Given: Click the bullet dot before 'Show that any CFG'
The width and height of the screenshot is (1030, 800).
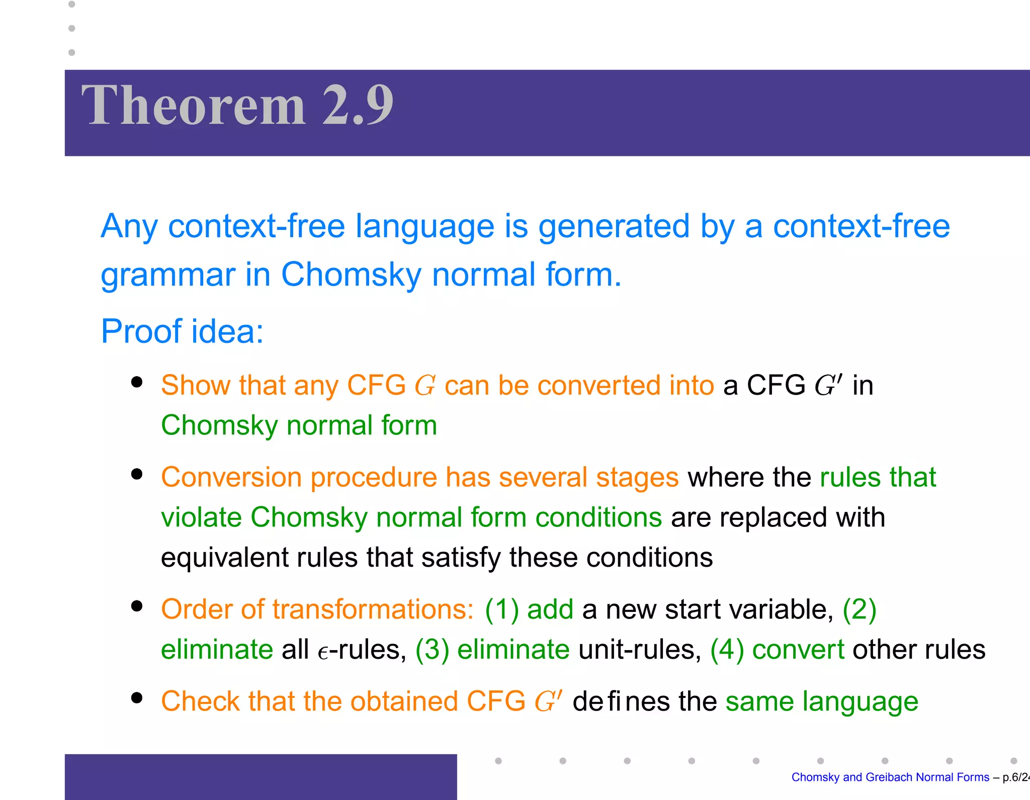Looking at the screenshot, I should tap(136, 382).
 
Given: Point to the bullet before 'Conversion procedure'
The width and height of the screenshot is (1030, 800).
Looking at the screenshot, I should tap(136, 474).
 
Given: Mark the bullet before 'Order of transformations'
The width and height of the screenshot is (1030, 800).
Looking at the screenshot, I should tap(136, 606).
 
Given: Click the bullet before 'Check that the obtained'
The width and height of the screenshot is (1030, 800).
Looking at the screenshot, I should tap(136, 698).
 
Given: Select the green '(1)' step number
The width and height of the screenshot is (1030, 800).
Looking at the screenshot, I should tap(501, 609).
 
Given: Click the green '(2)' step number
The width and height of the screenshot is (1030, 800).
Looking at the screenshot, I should tap(860, 609).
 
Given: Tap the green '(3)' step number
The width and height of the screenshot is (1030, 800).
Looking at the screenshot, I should tap(432, 650).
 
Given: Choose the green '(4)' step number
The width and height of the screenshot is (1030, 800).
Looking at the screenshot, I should tap(727, 650).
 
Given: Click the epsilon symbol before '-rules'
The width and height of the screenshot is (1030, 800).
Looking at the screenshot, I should tap(323, 653).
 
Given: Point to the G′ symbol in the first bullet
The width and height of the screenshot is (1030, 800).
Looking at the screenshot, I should tap(828, 386).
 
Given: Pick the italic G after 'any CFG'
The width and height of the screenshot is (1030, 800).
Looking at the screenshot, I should tap(424, 386).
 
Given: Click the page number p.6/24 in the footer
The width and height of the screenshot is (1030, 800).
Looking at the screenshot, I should tap(1015, 777).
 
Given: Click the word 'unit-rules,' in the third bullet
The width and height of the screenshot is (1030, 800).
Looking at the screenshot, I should tap(640, 650).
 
